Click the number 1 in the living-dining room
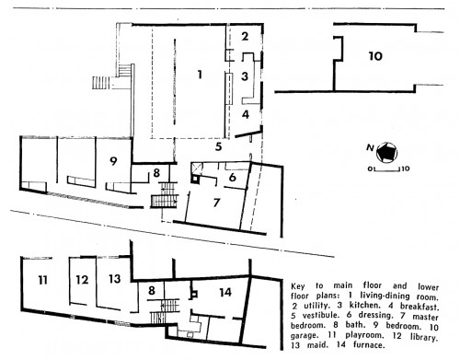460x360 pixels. coord(200,75)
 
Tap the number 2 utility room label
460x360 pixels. coord(245,37)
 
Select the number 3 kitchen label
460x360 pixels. coord(245,76)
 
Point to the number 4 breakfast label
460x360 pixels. coord(246,114)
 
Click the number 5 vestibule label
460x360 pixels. coord(218,146)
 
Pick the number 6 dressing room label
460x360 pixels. coord(233,177)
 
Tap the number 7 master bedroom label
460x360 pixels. coord(216,203)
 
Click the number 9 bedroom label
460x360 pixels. coord(113,161)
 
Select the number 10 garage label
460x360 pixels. coord(375,56)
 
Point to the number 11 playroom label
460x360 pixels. coord(42,280)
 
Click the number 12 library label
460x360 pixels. coord(82,280)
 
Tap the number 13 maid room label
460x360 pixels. coord(115,279)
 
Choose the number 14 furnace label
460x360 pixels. coord(225,292)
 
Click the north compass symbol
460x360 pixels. coord(387,153)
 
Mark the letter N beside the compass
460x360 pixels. coord(370,148)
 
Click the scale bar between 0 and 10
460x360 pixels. coord(387,168)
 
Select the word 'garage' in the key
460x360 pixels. coord(303,336)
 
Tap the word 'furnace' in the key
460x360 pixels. coord(369,345)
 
